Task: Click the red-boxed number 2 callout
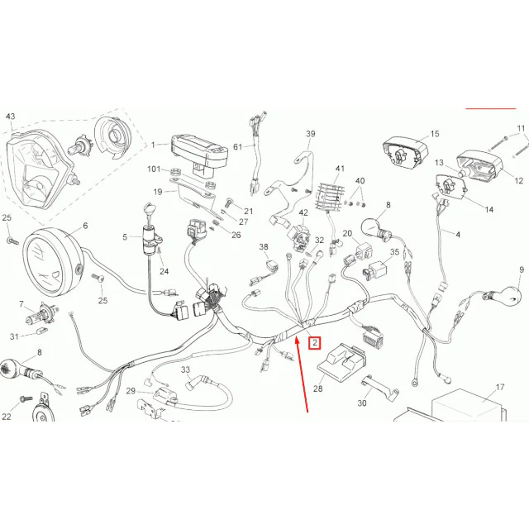(315, 343)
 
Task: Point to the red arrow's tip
(297, 338)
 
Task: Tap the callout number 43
(10, 117)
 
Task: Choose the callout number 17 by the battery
(499, 387)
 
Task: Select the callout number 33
(185, 369)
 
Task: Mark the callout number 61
(238, 147)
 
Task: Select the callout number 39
(311, 134)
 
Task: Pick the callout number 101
(154, 169)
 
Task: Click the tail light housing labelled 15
(405, 153)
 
